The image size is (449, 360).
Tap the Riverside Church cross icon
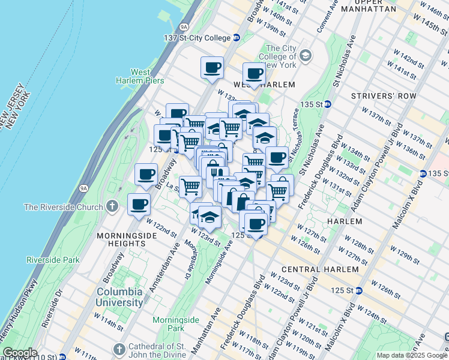[112, 207]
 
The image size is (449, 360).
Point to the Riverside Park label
[53, 260]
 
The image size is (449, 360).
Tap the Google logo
[20, 353]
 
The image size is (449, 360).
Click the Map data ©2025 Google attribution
[411, 355]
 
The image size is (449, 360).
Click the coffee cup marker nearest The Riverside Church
[139, 204]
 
